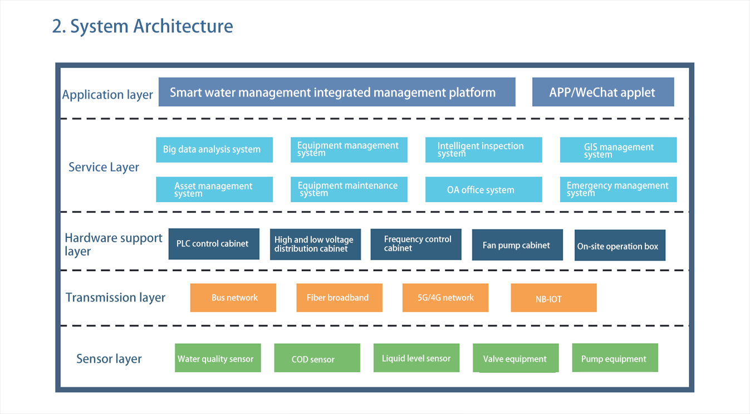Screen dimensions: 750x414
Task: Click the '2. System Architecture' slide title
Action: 143,26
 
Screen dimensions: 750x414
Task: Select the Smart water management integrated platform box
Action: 337,92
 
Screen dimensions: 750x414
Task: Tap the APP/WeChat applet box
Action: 603,92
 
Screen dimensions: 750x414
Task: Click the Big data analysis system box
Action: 214,150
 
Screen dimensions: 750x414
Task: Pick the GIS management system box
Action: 619,150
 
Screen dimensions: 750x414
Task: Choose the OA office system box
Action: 483,189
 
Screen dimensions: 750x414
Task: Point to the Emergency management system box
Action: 619,189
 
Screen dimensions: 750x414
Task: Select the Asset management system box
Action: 214,189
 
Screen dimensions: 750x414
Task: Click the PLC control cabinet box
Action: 214,244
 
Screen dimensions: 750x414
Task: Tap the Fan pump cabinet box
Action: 517,245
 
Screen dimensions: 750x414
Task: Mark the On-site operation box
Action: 620,245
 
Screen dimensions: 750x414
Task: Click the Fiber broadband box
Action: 339,298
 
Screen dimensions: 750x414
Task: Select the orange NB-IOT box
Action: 553,298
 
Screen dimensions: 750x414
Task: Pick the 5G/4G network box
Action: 445,298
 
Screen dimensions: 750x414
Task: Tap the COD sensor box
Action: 317,358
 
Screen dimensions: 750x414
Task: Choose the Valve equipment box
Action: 516,358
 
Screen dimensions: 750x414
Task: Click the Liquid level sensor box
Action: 416,358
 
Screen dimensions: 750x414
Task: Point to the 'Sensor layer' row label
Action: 109,359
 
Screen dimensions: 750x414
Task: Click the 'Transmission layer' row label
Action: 115,298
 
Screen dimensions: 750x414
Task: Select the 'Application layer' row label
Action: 107,95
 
